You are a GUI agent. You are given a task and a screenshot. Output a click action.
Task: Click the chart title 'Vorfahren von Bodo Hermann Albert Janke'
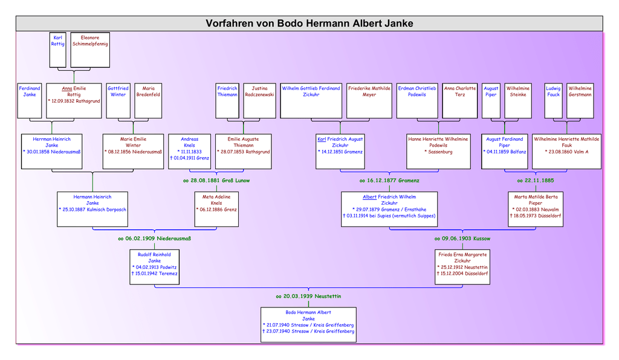[309, 24]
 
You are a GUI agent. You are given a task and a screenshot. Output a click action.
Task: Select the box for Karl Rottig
[58, 50]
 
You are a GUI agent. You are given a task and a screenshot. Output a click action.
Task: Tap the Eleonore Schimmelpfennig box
[89, 50]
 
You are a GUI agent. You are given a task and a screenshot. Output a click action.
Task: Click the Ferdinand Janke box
[29, 100]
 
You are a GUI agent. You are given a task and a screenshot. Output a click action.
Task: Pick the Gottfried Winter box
[118, 100]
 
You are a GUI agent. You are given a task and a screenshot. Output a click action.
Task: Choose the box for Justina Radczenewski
[260, 100]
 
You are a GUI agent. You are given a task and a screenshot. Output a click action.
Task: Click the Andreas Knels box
[189, 151]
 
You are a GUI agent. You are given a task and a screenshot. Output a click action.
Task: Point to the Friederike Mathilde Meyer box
[369, 100]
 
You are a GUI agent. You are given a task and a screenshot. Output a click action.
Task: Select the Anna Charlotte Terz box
[459, 100]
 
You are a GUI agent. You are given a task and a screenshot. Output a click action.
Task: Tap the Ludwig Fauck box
[553, 100]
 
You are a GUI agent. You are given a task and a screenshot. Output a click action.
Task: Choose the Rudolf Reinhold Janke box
[154, 266]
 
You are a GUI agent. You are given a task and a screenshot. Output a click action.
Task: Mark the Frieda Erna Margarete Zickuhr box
[462, 266]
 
